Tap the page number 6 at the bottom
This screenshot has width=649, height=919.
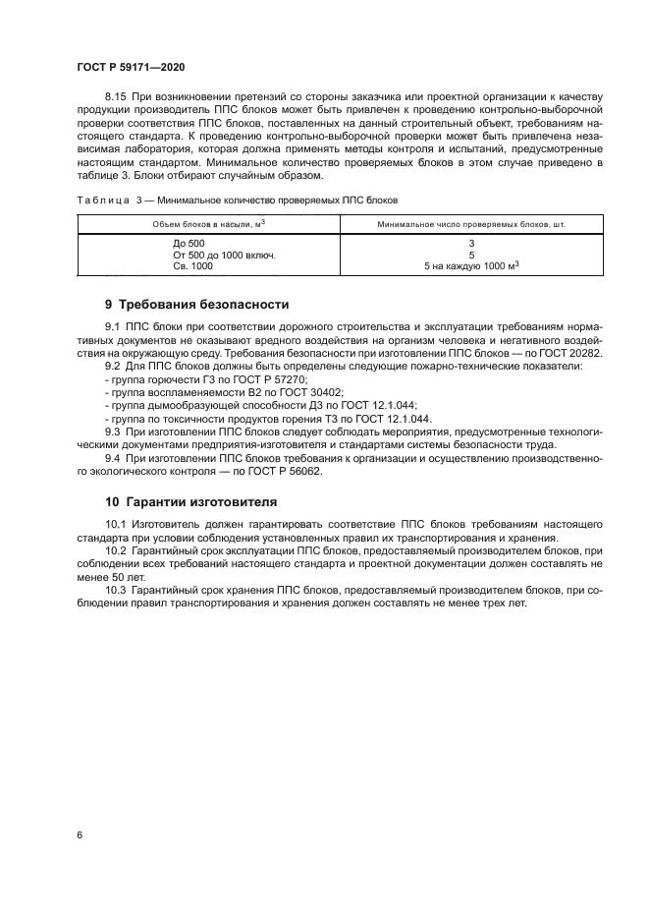tap(79, 835)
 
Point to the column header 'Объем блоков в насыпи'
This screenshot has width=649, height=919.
tap(205, 225)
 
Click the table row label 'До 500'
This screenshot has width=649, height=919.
tap(189, 243)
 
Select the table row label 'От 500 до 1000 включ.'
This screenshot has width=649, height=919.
tap(224, 254)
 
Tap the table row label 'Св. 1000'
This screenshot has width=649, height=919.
tap(192, 265)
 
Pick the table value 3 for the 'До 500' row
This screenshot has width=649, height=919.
tap(471, 243)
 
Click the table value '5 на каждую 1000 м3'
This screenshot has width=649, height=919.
tap(471, 265)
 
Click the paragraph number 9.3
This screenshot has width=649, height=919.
tap(113, 431)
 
